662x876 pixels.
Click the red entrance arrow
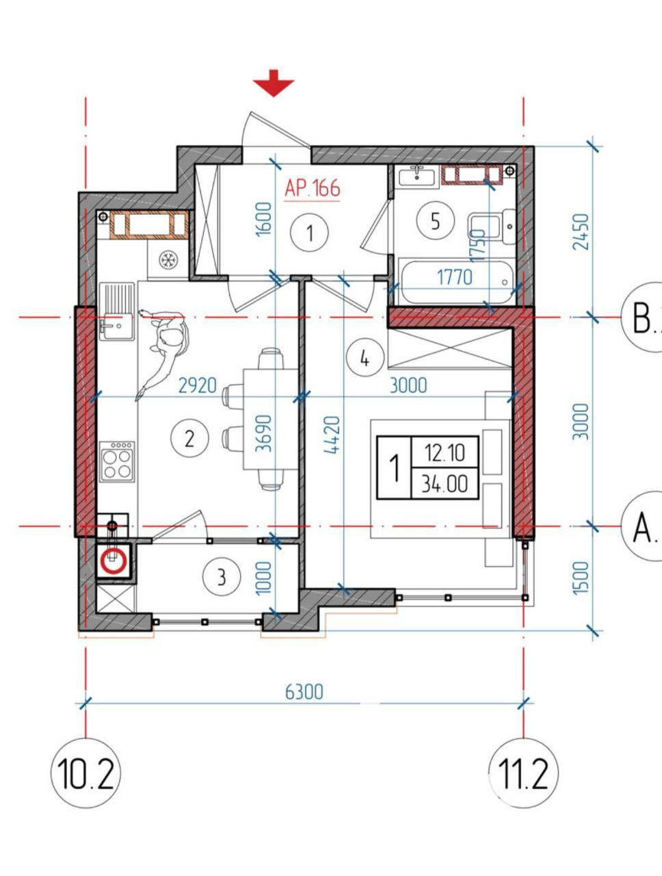pos(274,83)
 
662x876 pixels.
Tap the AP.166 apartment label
pos(313,188)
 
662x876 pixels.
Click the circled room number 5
pos(435,220)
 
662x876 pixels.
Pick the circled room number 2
pos(189,438)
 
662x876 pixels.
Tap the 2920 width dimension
pos(198,385)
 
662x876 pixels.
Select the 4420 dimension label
pos(332,435)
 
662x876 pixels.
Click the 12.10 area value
pos(445,452)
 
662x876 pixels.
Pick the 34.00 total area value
pos(445,484)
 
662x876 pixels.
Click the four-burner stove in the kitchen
pos(117,462)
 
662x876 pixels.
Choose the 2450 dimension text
pos(581,231)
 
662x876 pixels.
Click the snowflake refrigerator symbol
pos(168,260)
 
